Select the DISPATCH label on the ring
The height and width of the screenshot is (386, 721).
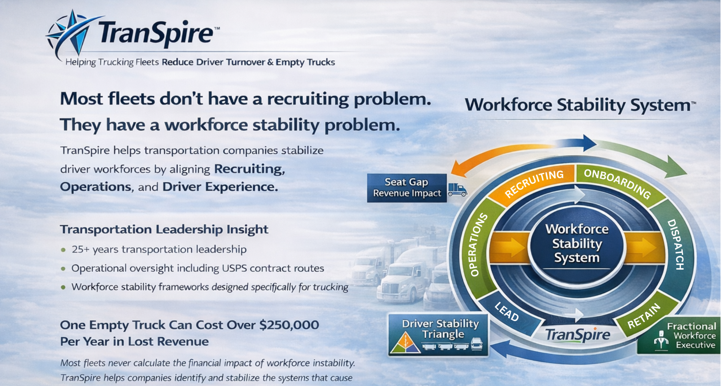pos(676,244)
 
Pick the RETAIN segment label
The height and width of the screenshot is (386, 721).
pos(644,316)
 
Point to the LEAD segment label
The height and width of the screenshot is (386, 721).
pos(507,311)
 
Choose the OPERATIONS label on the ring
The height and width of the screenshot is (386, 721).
pos(479,245)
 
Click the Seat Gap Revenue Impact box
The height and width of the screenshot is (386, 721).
pos(407,188)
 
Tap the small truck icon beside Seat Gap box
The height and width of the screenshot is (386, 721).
pos(457,189)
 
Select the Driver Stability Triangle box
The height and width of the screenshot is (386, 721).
pos(438,335)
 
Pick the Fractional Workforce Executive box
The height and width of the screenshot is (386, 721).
pos(679,336)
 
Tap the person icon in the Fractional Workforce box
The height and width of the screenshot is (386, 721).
pos(661,340)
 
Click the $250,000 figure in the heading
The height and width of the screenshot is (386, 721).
pos(289,325)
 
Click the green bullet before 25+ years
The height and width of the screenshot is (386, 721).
pos(63,250)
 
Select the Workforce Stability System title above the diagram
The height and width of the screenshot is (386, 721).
pos(580,106)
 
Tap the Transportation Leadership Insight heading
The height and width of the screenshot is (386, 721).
pos(164,229)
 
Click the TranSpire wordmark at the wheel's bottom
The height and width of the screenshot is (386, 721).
pos(578,335)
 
